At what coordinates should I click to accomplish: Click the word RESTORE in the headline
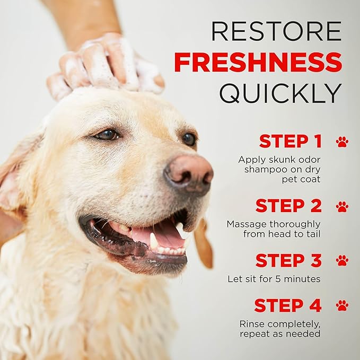click(276, 31)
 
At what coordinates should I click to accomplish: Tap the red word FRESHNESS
click(258, 63)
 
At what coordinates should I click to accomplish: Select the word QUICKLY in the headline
click(280, 93)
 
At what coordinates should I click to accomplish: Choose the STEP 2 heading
click(288, 206)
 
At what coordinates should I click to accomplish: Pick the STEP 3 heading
click(288, 260)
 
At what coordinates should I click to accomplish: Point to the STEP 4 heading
click(288, 305)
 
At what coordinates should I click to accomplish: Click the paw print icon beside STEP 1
click(342, 142)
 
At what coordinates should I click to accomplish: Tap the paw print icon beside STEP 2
click(342, 206)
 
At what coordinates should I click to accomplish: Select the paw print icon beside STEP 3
click(342, 260)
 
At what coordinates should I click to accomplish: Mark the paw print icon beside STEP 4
click(342, 305)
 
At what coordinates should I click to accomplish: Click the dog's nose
click(189, 173)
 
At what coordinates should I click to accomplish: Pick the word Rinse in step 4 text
click(251, 323)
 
